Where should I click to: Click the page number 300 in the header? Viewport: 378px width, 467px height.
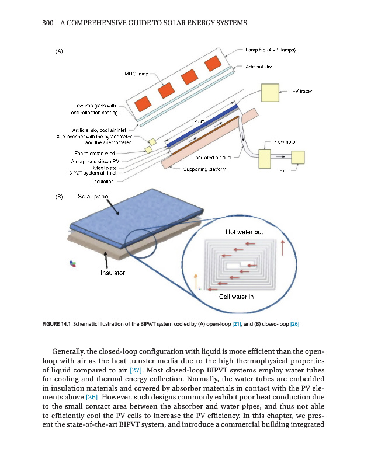pyautogui.click(x=48, y=23)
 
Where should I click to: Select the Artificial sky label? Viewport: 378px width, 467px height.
pyautogui.click(x=259, y=67)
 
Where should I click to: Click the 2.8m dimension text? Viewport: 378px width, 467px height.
pyautogui.click(x=199, y=121)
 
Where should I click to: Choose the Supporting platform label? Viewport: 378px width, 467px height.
pyautogui.click(x=201, y=169)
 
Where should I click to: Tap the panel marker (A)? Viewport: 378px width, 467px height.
pyautogui.click(x=59, y=51)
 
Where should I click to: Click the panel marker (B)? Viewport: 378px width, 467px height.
pyautogui.click(x=59, y=197)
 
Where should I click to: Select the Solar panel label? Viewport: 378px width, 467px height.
pyautogui.click(x=93, y=196)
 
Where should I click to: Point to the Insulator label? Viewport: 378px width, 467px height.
pyautogui.click(x=113, y=272)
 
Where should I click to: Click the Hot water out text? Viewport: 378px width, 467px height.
pyautogui.click(x=244, y=232)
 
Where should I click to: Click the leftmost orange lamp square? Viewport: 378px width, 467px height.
pyautogui.click(x=143, y=104)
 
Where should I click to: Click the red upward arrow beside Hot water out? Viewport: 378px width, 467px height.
pyautogui.click(x=283, y=248)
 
